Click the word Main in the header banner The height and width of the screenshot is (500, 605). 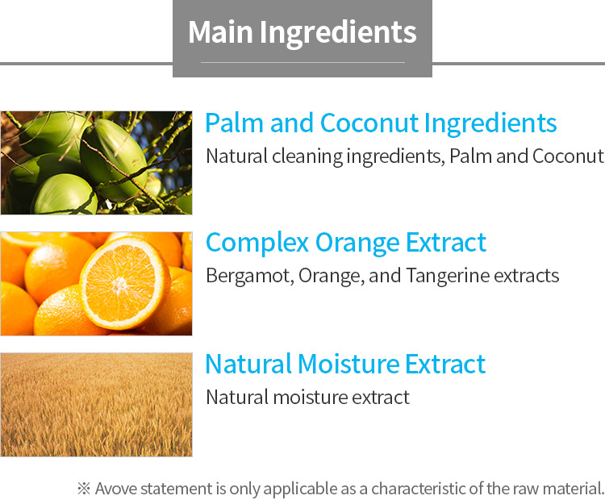[220, 31]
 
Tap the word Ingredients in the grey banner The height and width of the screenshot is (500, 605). [338, 33]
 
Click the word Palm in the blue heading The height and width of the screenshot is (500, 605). [234, 123]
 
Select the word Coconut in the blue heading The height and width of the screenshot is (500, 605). [369, 123]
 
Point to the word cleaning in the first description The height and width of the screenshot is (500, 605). [307, 157]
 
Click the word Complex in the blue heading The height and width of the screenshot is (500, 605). [257, 244]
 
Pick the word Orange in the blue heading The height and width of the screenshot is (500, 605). [357, 244]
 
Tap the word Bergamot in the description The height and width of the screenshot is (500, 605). [249, 277]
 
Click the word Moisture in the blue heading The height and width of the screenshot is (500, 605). [348, 364]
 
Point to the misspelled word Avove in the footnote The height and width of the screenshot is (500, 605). [115, 489]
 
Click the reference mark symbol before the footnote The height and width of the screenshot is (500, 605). [84, 489]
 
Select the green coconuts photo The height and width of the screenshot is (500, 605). [97, 163]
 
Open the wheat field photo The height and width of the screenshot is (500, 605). [97, 405]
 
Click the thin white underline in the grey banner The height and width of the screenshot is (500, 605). [302, 62]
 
